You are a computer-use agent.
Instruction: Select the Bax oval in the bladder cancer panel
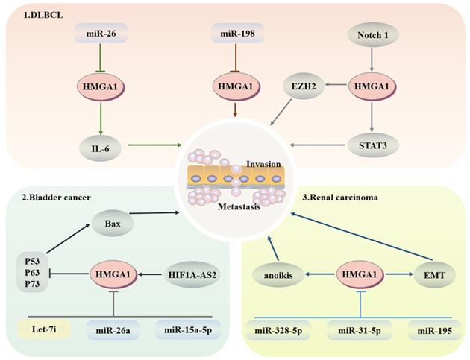[116, 222]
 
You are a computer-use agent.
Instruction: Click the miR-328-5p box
[280, 329]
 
